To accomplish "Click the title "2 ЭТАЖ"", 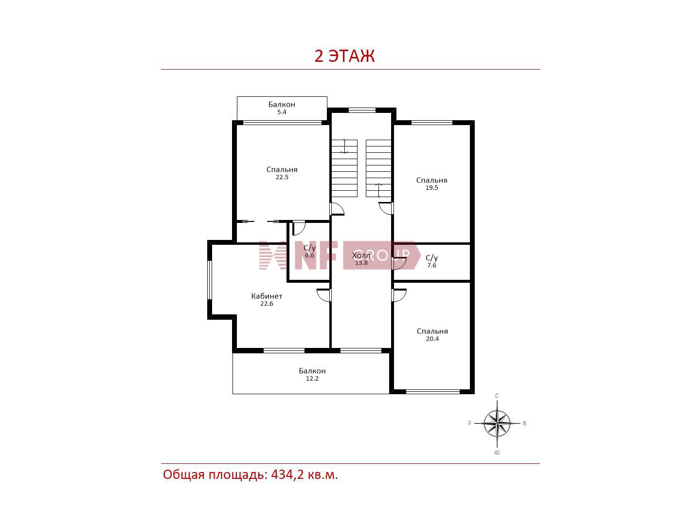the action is pos(344,56).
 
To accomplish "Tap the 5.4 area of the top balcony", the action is pos(282,112).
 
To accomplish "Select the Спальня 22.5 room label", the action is pos(282,173).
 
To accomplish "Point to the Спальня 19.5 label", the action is pos(431,183).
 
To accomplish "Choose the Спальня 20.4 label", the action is pos(432,335).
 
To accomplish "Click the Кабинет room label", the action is pos(267,296).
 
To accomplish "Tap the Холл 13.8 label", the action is pos(361,259).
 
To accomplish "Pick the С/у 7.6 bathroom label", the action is pos(432,261).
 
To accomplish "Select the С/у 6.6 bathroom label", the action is pos(310,251).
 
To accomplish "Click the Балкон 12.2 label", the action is pos(312,374).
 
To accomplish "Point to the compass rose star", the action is pos(497,423).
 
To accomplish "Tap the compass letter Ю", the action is pos(497,453).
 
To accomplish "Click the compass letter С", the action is pos(497,396).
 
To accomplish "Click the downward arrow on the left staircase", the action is pos(344,146).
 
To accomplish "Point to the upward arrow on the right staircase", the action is pos(378,190).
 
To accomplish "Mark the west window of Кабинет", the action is pos(210,280).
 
